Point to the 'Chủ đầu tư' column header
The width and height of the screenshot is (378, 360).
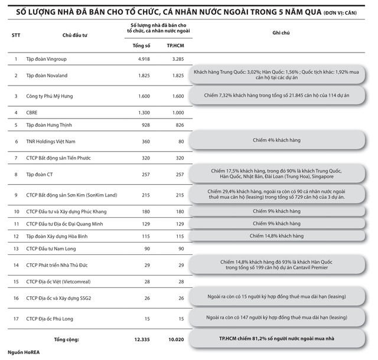74,34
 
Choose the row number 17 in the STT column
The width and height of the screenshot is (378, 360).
15,319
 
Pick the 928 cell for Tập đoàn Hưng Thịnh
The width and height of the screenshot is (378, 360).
144,125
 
